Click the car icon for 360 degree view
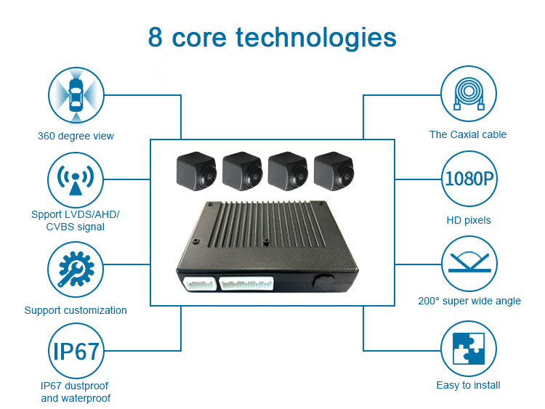tap(76, 95)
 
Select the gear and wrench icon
tap(76, 270)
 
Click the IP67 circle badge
tap(76, 351)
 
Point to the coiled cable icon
tap(469, 94)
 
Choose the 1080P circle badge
tap(469, 179)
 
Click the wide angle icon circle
tap(469, 264)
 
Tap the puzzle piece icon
tap(469, 349)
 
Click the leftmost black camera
tap(196, 171)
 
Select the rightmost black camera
tap(334, 171)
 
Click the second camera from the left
tap(242, 171)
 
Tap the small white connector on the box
tap(200, 283)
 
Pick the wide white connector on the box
tap(246, 283)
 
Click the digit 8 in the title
tap(156, 37)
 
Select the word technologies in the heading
tap(316, 39)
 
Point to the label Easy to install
tap(468, 385)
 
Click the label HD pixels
tap(469, 220)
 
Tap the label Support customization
tap(76, 310)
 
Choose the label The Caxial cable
tap(468, 134)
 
